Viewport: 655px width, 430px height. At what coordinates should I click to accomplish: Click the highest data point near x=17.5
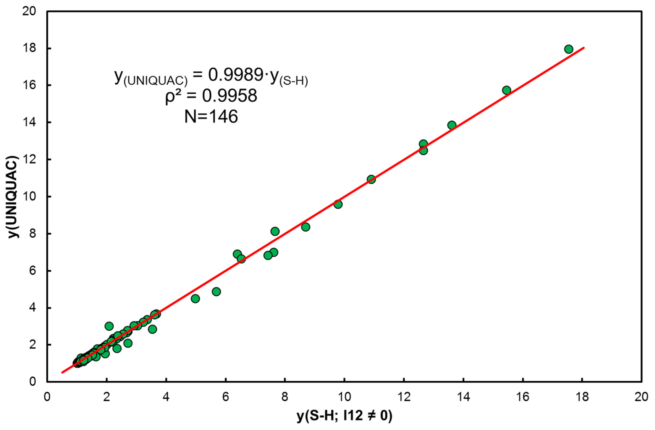[569, 49]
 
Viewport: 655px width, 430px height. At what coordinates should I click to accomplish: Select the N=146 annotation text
[211, 116]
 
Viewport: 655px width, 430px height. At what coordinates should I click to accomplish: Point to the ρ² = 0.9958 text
[211, 96]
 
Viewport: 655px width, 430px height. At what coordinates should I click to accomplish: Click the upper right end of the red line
[583, 48]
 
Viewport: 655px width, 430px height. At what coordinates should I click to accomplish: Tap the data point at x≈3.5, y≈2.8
[152, 329]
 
